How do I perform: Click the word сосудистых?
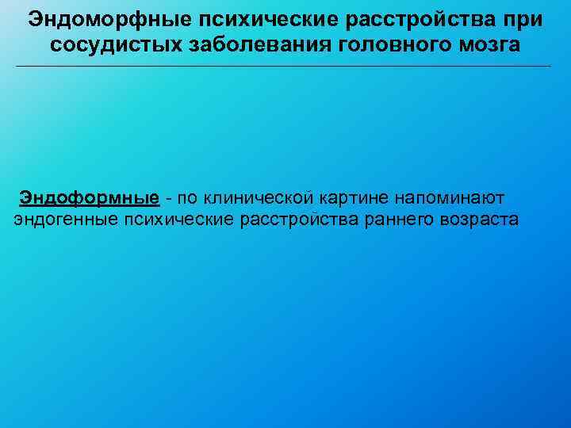(x=116, y=44)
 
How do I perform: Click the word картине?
(x=346, y=196)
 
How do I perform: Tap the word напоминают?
(x=448, y=196)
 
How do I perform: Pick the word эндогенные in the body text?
(x=65, y=220)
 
